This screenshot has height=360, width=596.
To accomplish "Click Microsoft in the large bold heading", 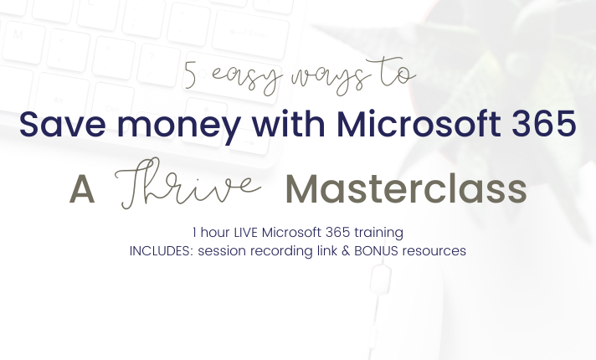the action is (x=419, y=123).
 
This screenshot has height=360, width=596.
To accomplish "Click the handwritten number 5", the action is (x=191, y=75).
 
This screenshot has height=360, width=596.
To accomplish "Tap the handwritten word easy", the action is (x=247, y=79).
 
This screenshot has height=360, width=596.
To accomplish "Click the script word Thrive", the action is (x=188, y=183).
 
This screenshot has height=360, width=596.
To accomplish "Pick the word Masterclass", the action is (x=406, y=189).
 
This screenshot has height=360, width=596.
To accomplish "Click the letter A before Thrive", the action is (x=82, y=190).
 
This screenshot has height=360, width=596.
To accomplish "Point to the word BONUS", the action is (x=376, y=251).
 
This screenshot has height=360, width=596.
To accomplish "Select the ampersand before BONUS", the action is (x=346, y=251).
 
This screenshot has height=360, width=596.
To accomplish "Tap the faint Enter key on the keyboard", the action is (x=249, y=34).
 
